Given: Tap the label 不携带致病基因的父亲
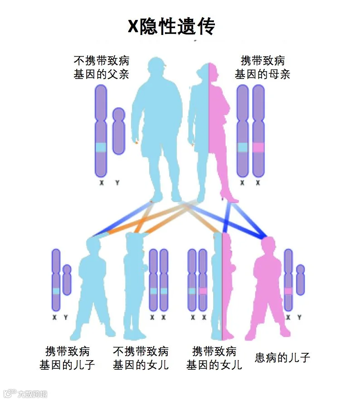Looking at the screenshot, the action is (101, 67).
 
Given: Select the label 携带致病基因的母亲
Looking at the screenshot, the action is (263, 67).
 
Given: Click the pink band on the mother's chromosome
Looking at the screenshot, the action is (258, 147).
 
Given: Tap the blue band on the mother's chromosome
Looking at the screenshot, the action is (243, 147).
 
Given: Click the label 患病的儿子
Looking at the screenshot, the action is (282, 357).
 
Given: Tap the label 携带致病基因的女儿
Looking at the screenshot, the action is (214, 357).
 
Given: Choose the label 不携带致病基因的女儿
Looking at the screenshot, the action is (141, 357).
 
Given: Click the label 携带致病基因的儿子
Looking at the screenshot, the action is (68, 357).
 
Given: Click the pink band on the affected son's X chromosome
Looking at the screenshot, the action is (288, 291).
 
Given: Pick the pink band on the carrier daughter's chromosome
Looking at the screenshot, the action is (203, 291).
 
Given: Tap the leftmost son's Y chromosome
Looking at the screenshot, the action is (67, 280).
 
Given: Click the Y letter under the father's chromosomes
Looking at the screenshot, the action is (117, 183).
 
